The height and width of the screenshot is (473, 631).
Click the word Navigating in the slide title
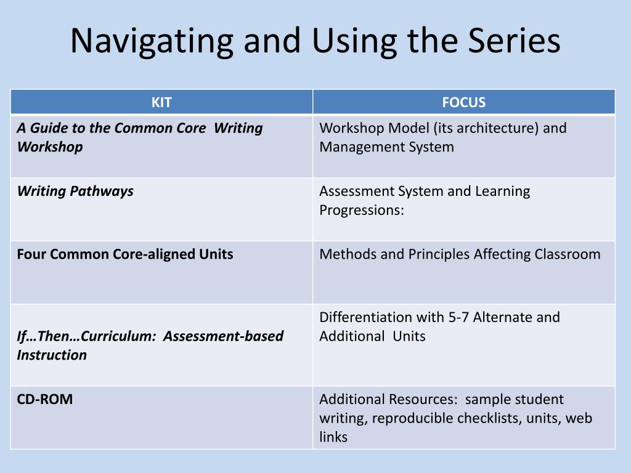click(x=152, y=41)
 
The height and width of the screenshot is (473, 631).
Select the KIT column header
click(x=161, y=102)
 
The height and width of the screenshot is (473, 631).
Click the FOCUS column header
click(x=464, y=102)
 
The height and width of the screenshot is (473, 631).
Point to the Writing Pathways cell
click(x=75, y=191)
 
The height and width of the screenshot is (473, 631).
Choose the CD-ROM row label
click(x=44, y=399)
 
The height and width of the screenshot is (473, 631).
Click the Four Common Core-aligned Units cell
click(x=125, y=254)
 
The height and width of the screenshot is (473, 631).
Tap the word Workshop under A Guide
click(x=50, y=147)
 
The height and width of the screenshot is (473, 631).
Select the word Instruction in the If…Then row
click(x=52, y=355)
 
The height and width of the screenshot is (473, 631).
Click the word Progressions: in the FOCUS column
click(x=362, y=209)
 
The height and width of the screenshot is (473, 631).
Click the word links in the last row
click(x=333, y=437)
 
